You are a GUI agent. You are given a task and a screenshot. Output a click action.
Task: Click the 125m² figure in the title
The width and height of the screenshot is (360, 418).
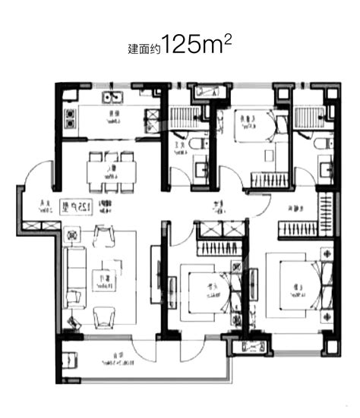[197, 45]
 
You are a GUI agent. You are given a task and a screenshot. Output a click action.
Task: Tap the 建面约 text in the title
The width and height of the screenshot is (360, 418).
[144, 49]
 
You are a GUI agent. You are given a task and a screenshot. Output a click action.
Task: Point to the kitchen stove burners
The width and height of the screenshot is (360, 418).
[71, 118]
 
